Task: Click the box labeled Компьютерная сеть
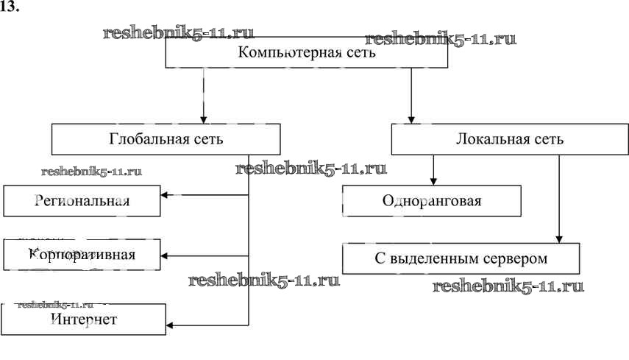[306, 53]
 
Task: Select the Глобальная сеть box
[166, 138]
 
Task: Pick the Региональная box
[82, 201]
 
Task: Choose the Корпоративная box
[82, 255]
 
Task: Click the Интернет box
[83, 320]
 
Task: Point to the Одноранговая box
[432, 200]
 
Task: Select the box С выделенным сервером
[461, 259]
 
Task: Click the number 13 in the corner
[11, 8]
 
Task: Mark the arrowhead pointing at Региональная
[166, 195]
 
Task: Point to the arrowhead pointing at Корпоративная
[166, 256]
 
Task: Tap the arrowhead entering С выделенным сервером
[559, 238]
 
